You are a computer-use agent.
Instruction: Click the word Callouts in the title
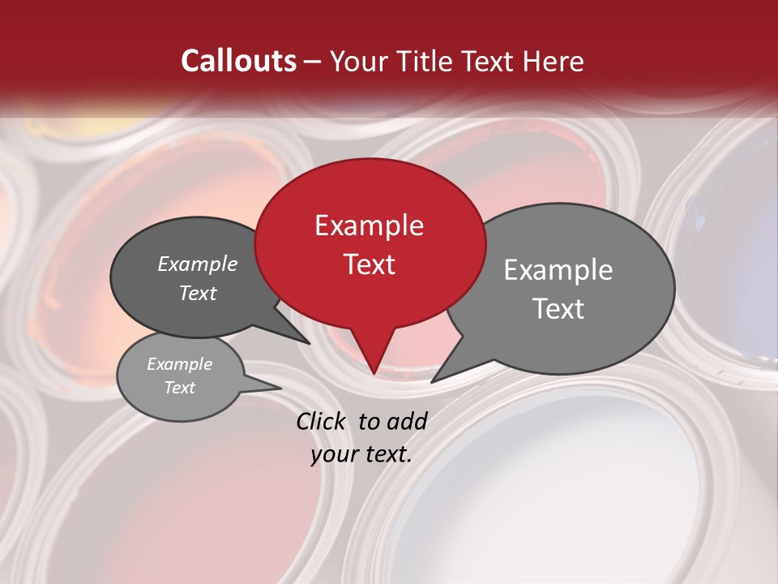click(x=238, y=61)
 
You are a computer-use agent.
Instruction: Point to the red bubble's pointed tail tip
click(x=374, y=373)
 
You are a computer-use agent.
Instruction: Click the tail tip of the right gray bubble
click(x=433, y=381)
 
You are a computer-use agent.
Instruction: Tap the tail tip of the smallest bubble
click(x=280, y=388)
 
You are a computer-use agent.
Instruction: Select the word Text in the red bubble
click(x=370, y=264)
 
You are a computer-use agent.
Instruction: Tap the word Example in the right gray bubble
click(x=558, y=269)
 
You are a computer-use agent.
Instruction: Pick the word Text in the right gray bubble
click(x=559, y=309)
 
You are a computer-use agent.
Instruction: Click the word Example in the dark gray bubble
click(x=198, y=264)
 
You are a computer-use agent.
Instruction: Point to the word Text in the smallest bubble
click(x=180, y=388)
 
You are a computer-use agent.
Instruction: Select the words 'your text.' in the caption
click(x=361, y=454)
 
